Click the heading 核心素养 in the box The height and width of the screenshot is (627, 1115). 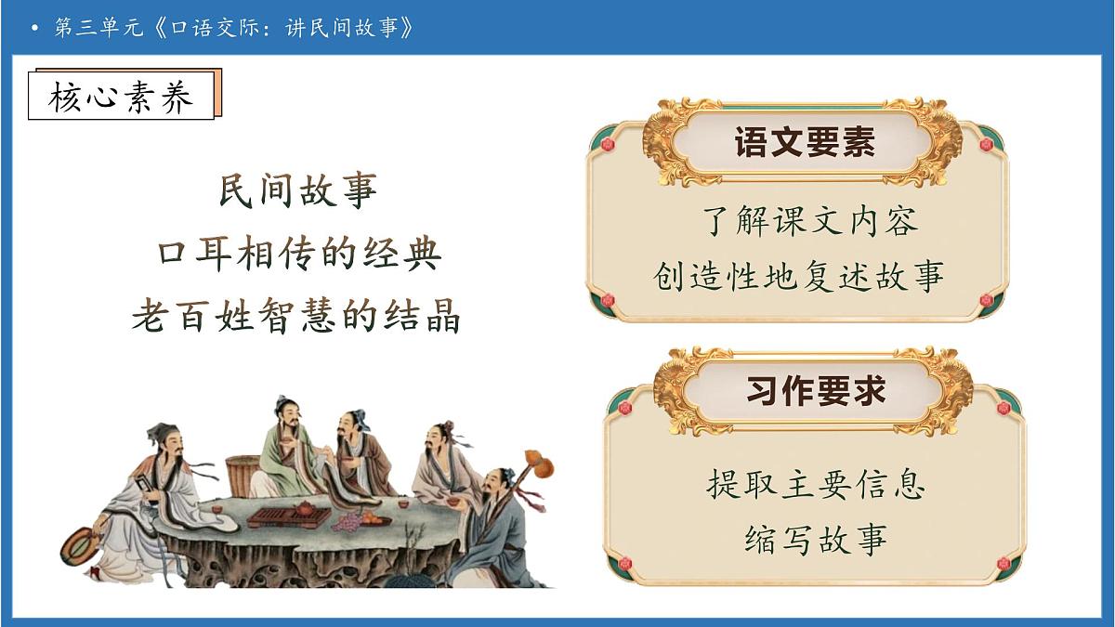[122, 97]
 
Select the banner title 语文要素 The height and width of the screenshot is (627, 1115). [805, 144]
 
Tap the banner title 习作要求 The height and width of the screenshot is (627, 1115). [815, 391]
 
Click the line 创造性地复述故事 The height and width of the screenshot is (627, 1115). [799, 276]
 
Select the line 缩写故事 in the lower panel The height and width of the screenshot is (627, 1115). [815, 539]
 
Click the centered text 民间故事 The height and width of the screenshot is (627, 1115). [297, 189]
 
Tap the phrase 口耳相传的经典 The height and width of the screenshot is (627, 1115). [297, 253]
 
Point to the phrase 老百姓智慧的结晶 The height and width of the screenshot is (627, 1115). [296, 316]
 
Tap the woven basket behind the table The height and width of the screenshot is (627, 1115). [243, 475]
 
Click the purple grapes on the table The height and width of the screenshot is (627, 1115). [348, 524]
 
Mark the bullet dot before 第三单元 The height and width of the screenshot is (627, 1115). [34, 29]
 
